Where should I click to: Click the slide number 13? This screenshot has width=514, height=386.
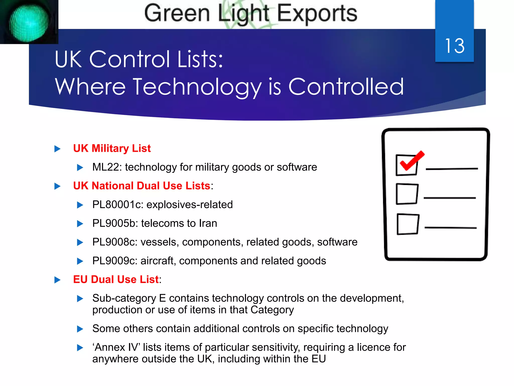455,46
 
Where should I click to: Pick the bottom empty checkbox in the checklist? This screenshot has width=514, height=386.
408,224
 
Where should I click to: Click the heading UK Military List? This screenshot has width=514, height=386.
112,148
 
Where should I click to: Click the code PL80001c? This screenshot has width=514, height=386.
117,205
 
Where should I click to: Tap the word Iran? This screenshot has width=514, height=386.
208,223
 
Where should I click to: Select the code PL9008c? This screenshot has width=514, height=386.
114,242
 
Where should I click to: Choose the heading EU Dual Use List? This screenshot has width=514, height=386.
116,279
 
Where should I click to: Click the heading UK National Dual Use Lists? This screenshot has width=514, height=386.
142,186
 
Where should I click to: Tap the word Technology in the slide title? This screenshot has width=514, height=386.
197,87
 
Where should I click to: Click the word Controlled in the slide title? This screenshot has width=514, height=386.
346,87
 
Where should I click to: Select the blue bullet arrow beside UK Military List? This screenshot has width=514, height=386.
57,149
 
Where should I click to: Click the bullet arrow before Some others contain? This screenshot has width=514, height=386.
80,329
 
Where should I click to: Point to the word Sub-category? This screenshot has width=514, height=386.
124,299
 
